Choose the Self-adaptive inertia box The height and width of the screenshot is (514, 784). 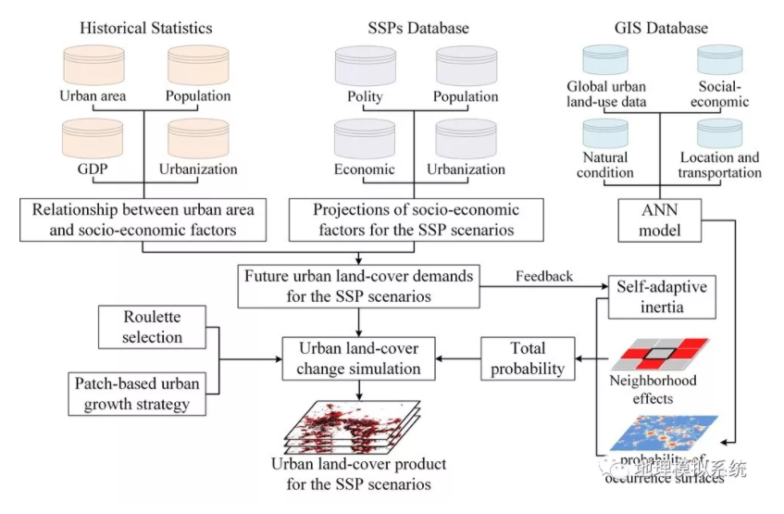[x=661, y=296]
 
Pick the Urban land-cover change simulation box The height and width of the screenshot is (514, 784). [x=359, y=358]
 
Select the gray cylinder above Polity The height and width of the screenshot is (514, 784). [x=365, y=65]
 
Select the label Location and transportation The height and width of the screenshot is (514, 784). [x=719, y=165]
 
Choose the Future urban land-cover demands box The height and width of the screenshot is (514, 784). [x=357, y=286]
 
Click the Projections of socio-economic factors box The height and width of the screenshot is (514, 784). [x=404, y=219]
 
